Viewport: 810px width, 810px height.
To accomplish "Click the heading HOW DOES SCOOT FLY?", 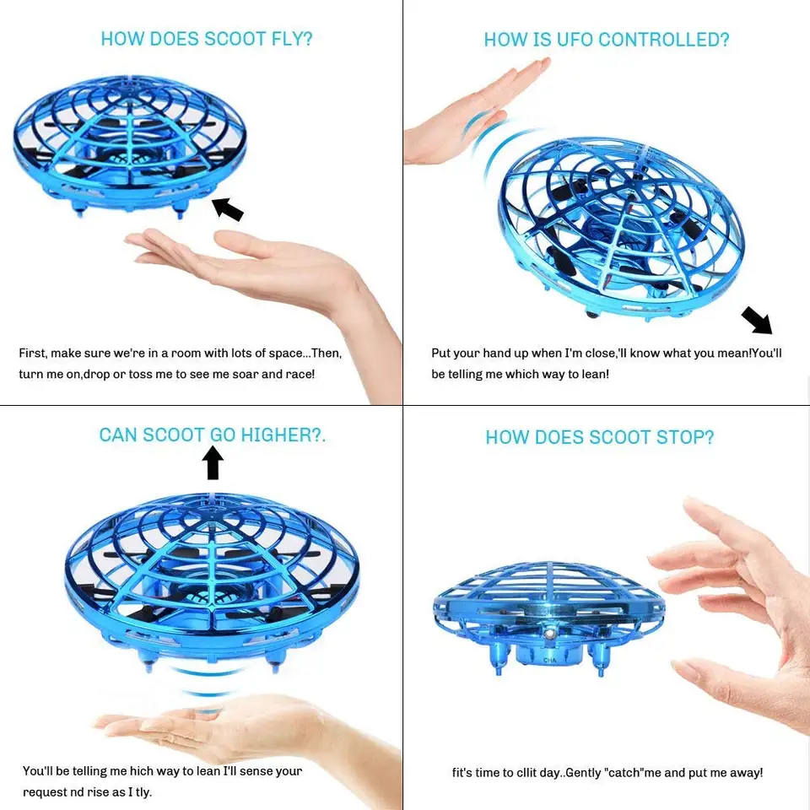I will (x=207, y=39).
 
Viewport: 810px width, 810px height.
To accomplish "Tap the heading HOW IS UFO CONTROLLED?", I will (x=606, y=40).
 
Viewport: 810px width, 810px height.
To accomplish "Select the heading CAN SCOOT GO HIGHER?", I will (x=212, y=435).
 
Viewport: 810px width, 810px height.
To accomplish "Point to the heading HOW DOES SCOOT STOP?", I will (x=599, y=437).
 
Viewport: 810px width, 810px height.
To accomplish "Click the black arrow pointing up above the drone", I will (x=213, y=462).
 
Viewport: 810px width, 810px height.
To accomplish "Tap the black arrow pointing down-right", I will (x=756, y=321).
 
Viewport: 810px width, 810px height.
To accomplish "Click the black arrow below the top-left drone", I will (x=227, y=208).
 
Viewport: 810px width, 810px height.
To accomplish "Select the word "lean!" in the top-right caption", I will (x=591, y=374).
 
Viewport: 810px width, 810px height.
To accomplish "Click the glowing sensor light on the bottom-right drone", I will (x=549, y=630).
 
